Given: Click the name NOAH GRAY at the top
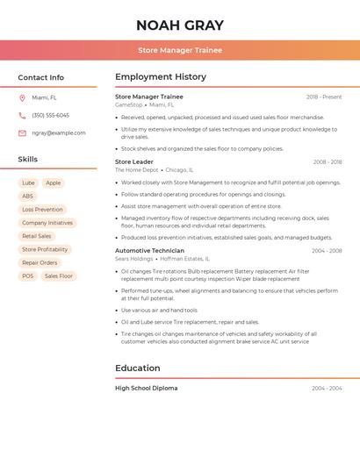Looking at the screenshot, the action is (180, 25).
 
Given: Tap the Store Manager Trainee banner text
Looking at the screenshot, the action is (180, 50).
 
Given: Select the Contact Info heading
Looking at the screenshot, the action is (40, 77).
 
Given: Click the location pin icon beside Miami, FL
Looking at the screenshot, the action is (22, 97).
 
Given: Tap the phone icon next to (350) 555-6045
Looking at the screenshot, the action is (22, 115).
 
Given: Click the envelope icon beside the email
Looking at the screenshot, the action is (22, 132).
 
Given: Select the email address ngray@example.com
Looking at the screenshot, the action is (59, 132).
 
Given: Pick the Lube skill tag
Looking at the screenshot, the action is (28, 183).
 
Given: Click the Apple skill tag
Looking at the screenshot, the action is (54, 183).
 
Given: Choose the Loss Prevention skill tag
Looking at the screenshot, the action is (42, 210).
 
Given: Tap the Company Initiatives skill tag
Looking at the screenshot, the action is (47, 223).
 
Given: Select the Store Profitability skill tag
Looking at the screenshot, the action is (45, 249).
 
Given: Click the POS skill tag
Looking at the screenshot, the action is (28, 275).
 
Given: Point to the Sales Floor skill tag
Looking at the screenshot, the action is (59, 275).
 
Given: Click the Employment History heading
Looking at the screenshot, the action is (161, 76).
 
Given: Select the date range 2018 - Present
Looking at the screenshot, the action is (324, 97).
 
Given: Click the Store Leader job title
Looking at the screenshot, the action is (134, 161).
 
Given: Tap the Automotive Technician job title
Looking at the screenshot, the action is (150, 250).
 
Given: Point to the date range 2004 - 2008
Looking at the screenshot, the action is (327, 251).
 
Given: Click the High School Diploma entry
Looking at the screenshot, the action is (146, 388).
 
